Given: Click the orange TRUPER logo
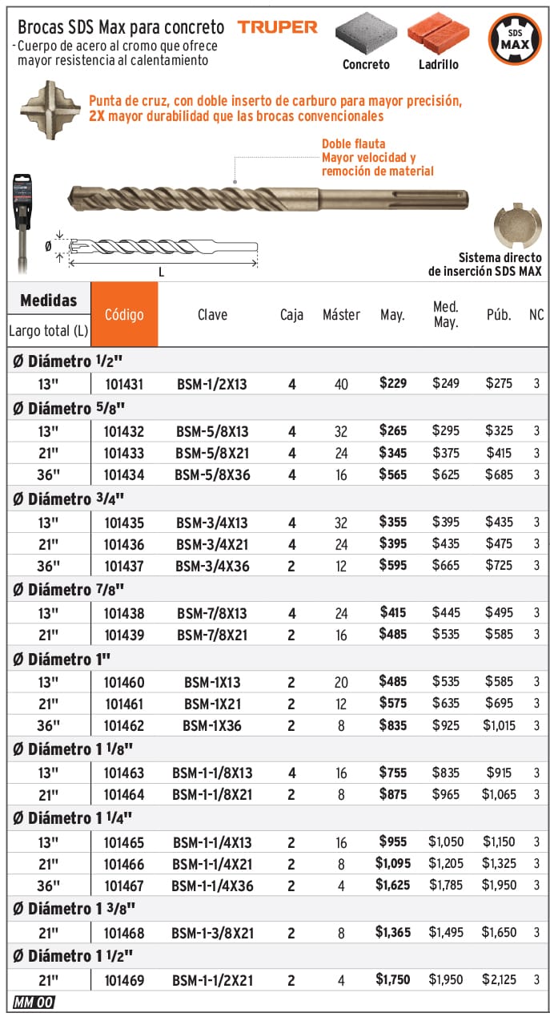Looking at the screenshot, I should click(277, 27).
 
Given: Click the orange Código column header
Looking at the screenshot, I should click(124, 314).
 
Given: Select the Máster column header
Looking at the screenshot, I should click(341, 315).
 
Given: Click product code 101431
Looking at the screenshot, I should click(124, 384).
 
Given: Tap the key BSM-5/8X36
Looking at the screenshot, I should click(212, 475).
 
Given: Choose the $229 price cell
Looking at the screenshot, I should click(393, 384).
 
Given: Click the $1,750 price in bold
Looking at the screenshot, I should click(392, 979).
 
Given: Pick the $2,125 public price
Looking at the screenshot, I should click(499, 979).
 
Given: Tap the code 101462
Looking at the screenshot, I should click(124, 726).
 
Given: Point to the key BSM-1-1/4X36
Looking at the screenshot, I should click(212, 886).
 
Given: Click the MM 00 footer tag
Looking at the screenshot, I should click(34, 1002).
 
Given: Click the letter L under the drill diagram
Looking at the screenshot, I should click(161, 272).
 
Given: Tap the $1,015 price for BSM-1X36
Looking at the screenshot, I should click(499, 726).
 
